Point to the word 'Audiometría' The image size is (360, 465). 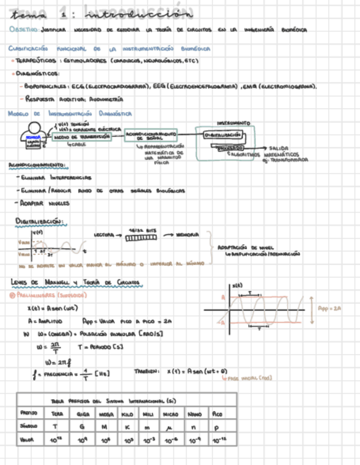(105, 99)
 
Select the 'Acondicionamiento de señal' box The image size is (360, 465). (151, 136)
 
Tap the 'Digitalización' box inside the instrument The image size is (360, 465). (222, 134)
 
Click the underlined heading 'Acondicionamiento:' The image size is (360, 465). (37, 165)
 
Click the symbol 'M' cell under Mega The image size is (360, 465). (105, 426)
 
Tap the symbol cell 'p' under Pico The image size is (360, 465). (217, 426)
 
